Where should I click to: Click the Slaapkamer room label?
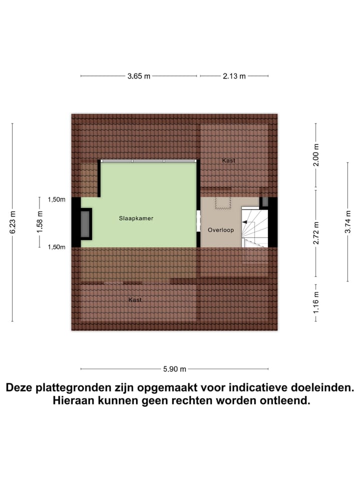136,218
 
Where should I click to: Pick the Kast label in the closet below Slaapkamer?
135,299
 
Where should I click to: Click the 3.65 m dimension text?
138,76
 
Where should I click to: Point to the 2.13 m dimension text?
234,76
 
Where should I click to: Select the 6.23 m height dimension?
12,222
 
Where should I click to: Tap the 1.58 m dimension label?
39,222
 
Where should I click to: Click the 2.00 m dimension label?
315,156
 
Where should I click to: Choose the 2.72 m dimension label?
315,233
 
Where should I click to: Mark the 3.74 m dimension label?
348,222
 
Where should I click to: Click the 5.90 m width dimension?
174,369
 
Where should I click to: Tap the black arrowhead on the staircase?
245,222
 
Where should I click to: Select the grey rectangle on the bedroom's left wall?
86,223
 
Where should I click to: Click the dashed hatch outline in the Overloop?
220,202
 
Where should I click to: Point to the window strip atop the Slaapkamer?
148,161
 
